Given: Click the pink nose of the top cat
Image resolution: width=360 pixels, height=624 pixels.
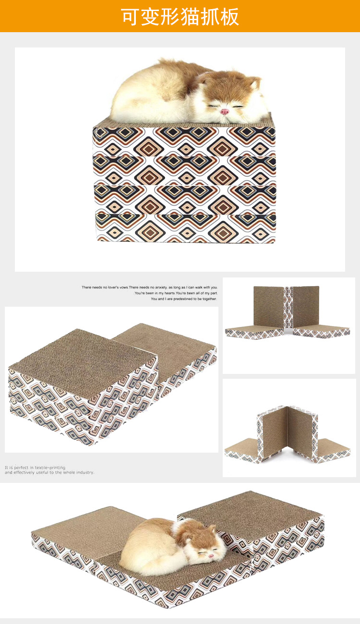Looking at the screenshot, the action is [x=225, y=112].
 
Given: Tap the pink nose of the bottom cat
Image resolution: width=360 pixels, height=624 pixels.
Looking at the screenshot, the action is [x=211, y=555].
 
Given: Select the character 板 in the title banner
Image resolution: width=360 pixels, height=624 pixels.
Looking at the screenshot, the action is [x=229, y=17].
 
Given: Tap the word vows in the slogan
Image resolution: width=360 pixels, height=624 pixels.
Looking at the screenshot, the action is [x=123, y=287].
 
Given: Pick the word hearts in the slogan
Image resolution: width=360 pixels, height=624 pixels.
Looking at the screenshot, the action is [x=170, y=293].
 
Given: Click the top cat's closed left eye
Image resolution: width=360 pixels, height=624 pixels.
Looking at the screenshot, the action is [x=214, y=106].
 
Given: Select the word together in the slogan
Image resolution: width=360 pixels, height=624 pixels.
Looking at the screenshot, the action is [x=210, y=299].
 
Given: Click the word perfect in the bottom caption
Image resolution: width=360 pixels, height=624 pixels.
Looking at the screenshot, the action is [x=21, y=468].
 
